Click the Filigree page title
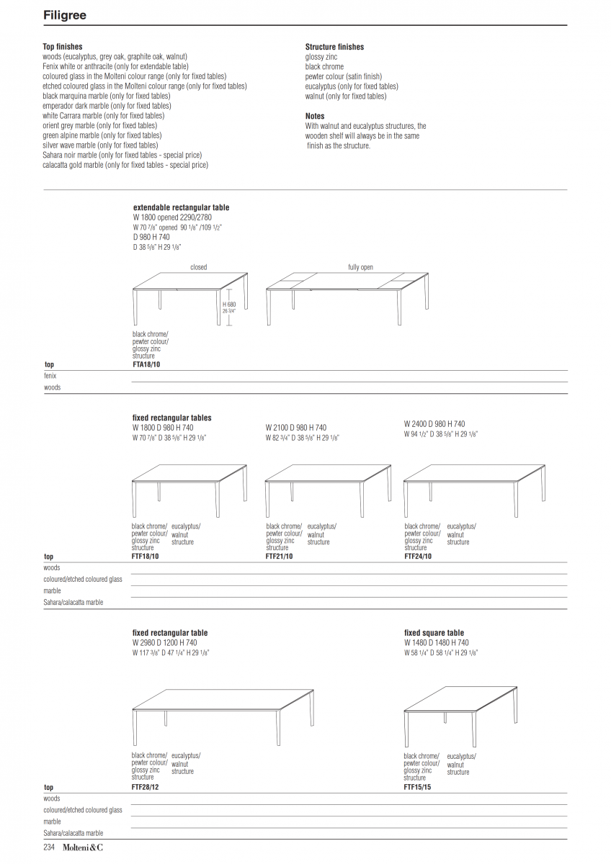click(66, 14)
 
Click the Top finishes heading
click(63, 47)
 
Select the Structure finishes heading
click(334, 47)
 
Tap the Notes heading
click(315, 116)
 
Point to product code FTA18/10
click(146, 364)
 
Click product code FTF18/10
click(146, 557)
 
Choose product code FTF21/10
click(279, 557)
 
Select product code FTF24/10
click(418, 557)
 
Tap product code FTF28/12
click(146, 787)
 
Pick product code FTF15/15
click(417, 787)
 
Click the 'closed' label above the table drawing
click(198, 267)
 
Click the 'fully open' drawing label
click(360, 267)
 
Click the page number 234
click(50, 847)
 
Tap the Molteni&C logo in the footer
click(82, 847)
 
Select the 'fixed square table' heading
click(434, 633)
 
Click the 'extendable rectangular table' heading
click(181, 207)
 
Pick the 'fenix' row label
click(50, 376)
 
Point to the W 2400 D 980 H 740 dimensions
click(434, 425)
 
